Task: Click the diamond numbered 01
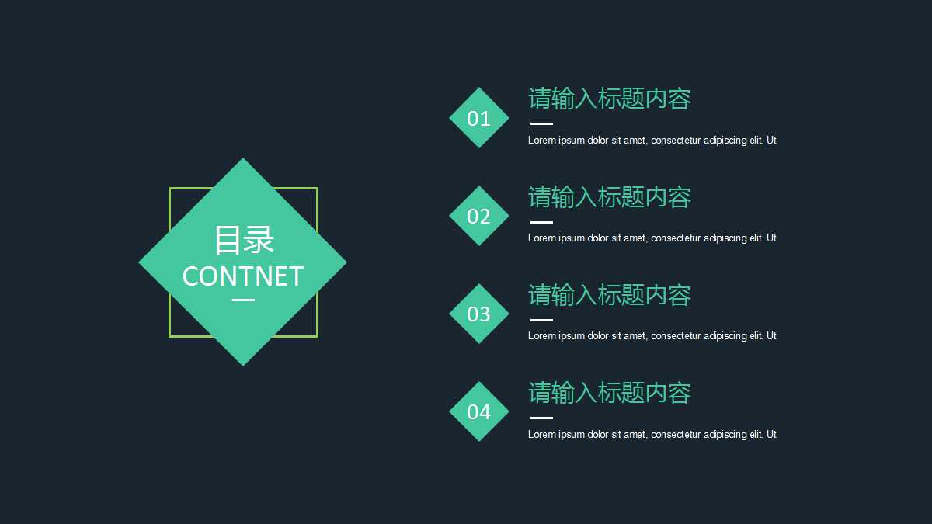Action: point(479,118)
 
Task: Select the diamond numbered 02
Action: point(479,216)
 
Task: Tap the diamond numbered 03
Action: point(479,314)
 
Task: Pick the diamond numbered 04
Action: point(479,411)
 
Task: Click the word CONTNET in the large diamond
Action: point(243,276)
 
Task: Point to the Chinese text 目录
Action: point(244,240)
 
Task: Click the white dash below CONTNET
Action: point(243,300)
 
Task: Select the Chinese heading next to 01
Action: point(610,99)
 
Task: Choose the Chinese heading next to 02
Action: point(610,197)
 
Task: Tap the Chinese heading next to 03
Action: point(610,295)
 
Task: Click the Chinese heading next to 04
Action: point(610,393)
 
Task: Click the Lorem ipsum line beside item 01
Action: point(652,141)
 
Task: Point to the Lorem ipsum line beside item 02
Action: point(652,238)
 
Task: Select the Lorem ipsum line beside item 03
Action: point(652,336)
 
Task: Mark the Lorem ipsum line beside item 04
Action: point(652,435)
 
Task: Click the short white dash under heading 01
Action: point(541,123)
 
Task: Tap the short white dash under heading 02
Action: point(541,222)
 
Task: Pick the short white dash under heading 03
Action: point(541,320)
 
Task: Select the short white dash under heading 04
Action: point(541,418)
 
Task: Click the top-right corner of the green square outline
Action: point(317,189)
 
